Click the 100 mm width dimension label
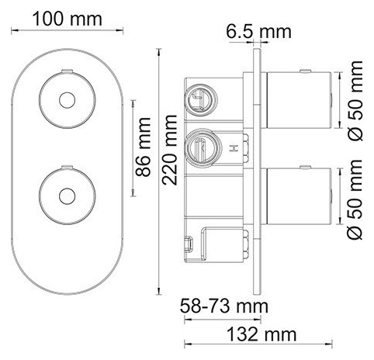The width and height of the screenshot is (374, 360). click(x=68, y=19)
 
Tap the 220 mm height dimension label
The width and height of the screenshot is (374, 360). click(x=170, y=150)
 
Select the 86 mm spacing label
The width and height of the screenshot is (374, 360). click(x=143, y=147)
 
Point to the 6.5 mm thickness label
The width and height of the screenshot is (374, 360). click(x=258, y=32)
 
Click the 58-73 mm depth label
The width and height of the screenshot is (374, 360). click(x=224, y=306)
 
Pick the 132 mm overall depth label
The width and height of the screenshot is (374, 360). click(x=261, y=334)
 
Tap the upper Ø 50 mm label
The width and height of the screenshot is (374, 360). click(x=355, y=101)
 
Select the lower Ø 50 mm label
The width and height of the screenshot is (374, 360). click(x=355, y=199)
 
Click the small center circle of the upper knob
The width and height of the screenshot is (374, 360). click(x=67, y=100)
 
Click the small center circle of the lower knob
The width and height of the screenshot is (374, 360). click(x=67, y=196)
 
